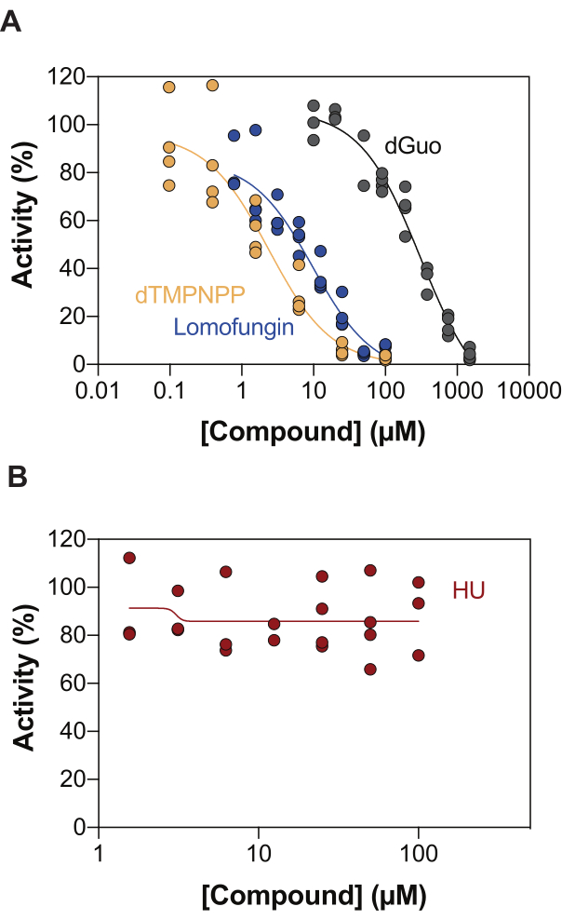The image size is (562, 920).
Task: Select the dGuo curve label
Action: click(412, 146)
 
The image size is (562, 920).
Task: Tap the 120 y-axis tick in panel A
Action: click(66, 76)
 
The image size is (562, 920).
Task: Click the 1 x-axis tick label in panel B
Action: click(99, 850)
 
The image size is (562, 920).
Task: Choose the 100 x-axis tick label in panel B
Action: click(419, 850)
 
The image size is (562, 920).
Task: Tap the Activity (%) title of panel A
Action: click(20, 220)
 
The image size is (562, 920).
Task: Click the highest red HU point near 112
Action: click(129, 558)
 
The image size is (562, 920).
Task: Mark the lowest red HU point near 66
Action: click(370, 669)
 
